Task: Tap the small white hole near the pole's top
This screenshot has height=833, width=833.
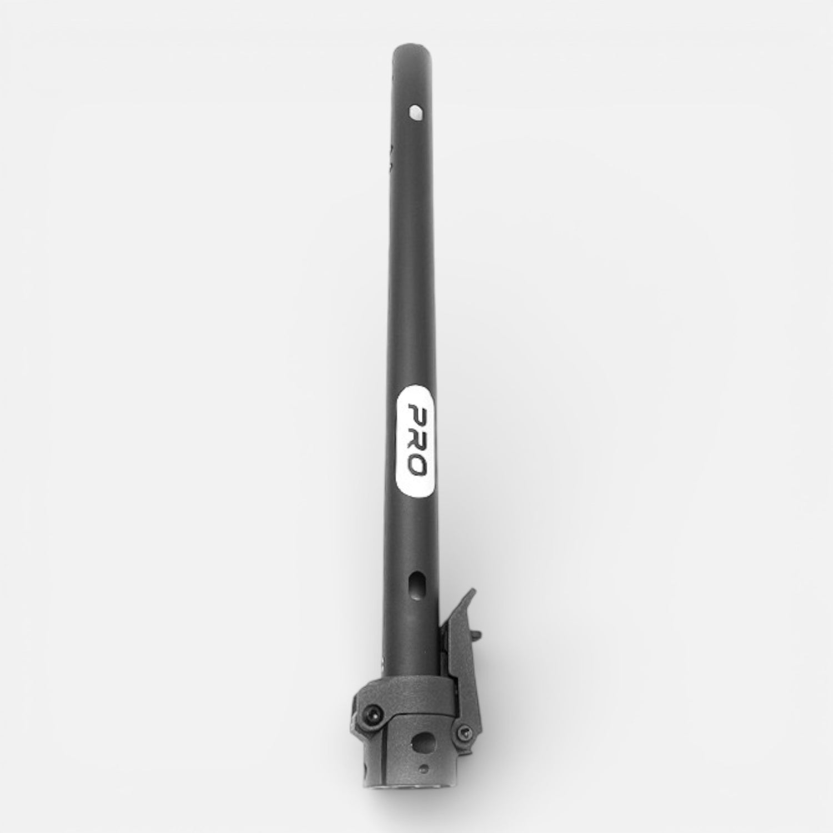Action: [414, 113]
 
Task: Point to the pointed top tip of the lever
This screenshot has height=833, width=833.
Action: [473, 591]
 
